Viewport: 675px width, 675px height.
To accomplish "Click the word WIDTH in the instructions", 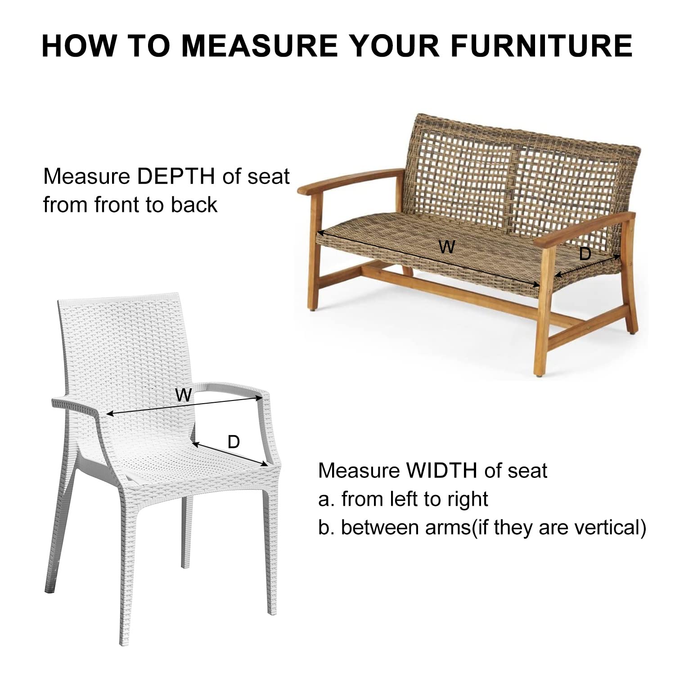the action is (x=441, y=471).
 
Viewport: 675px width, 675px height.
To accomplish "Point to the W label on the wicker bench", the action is (x=447, y=247).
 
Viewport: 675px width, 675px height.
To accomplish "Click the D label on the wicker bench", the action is (x=585, y=254).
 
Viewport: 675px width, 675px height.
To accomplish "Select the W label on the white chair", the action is (x=184, y=395).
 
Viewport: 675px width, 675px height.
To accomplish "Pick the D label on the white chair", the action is (x=234, y=442).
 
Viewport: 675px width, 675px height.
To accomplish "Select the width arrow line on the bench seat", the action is (x=429, y=259).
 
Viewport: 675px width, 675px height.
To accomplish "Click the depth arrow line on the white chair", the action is (x=230, y=454).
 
